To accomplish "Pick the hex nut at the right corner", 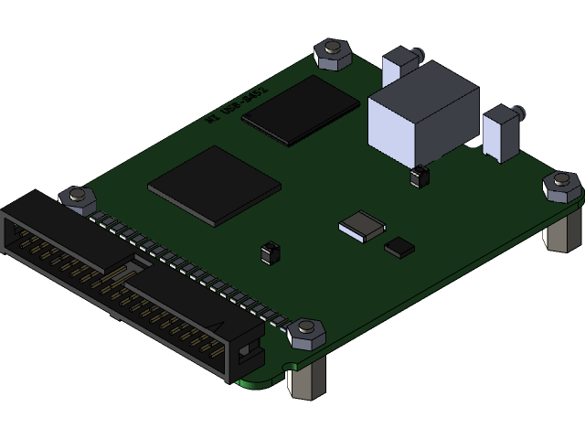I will [559, 187].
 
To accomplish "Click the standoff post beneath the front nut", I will [305, 379].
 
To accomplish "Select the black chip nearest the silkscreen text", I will [300, 110].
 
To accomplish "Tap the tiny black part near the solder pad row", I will [269, 252].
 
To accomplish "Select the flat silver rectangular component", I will [362, 225].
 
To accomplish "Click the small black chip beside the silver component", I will [399, 246].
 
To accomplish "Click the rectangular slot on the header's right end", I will [247, 352].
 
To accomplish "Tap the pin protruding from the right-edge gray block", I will [521, 114].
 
